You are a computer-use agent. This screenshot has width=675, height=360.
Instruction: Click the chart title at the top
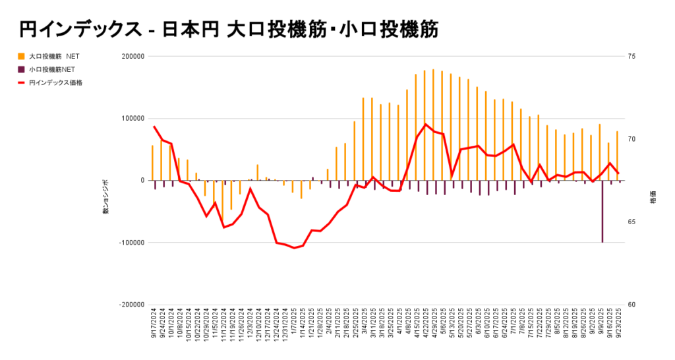click(228, 29)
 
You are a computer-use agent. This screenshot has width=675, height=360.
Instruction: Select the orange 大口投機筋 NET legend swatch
click(22, 57)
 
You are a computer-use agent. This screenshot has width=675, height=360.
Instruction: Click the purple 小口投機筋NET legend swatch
click(22, 69)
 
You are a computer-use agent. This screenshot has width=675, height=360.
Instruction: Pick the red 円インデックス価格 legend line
click(22, 82)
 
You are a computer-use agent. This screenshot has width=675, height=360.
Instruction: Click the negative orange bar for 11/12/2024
click(223, 201)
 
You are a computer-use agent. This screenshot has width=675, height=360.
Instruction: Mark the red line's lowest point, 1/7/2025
click(293, 248)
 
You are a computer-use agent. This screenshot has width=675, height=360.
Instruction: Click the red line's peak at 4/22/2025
click(426, 124)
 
